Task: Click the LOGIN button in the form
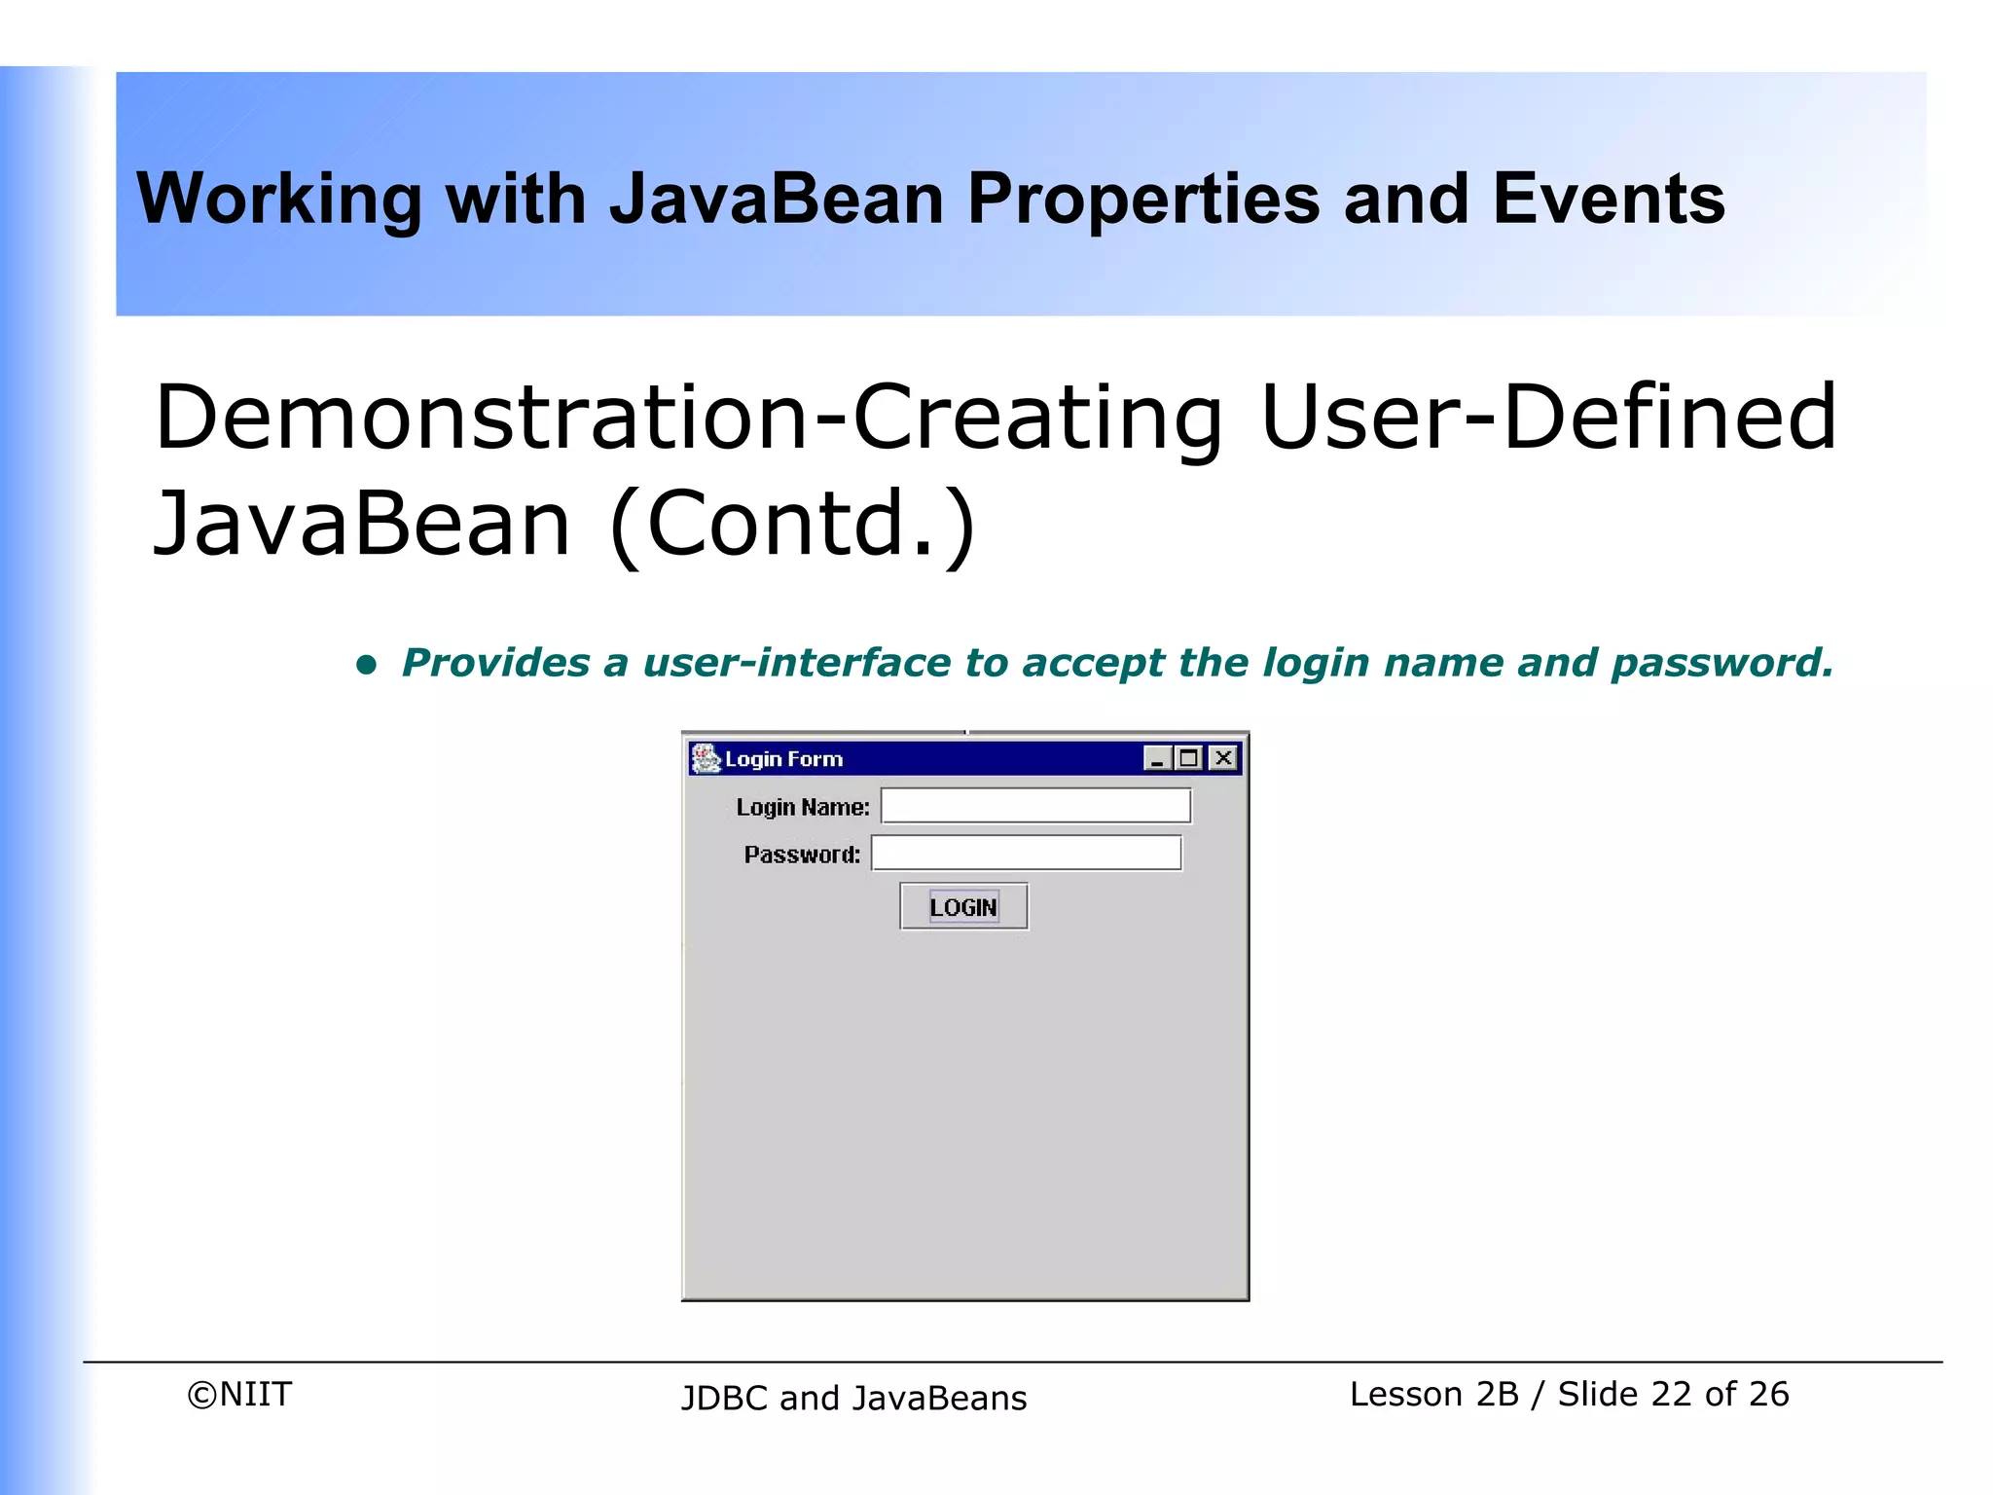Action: (x=963, y=906)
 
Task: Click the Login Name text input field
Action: (x=1035, y=806)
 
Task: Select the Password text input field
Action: (x=1026, y=854)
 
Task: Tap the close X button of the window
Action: (x=1223, y=758)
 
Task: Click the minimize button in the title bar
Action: (x=1157, y=758)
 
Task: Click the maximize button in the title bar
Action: (x=1189, y=758)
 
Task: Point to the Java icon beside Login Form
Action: (x=705, y=758)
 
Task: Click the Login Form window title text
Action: (x=783, y=759)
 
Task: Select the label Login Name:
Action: (x=802, y=807)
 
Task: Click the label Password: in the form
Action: (x=802, y=855)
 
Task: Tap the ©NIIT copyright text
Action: (x=239, y=1394)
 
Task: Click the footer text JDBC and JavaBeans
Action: (x=853, y=1398)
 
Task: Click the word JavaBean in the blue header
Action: (x=777, y=200)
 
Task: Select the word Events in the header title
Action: (x=1608, y=200)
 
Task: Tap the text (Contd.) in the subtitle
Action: (x=792, y=524)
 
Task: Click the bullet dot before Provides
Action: (x=366, y=665)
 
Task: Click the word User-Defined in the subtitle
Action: (x=1547, y=418)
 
